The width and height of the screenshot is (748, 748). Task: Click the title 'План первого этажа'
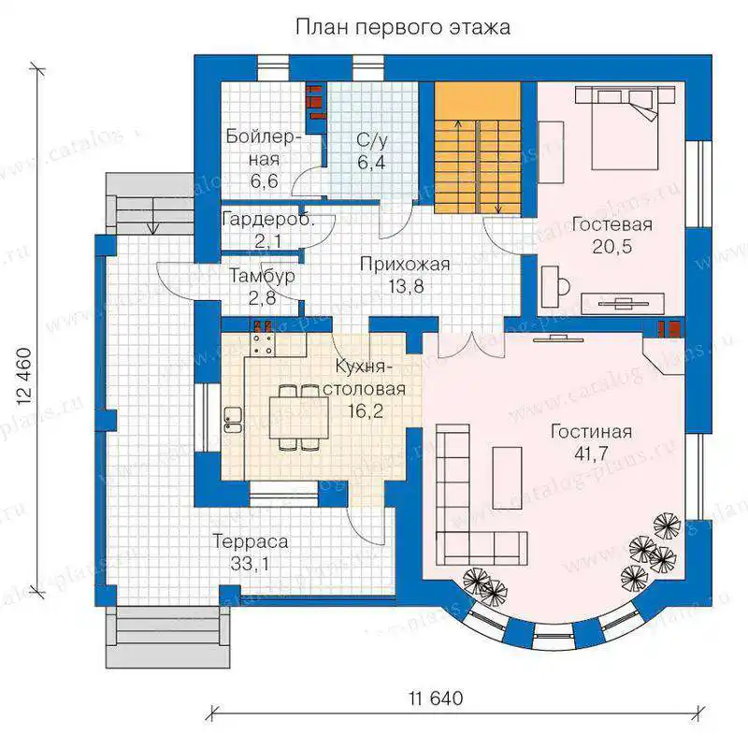point(403,27)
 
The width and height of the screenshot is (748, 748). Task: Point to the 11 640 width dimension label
point(436,698)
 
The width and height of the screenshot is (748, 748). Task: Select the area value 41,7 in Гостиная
point(591,453)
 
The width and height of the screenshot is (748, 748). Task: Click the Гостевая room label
point(612,224)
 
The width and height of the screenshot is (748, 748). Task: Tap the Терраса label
point(250,541)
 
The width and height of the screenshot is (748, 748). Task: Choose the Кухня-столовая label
point(364,378)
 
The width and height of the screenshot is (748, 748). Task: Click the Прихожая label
point(405,265)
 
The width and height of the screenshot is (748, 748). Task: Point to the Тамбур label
point(262,276)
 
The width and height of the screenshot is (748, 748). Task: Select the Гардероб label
point(268,220)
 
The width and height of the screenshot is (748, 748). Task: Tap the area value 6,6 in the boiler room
point(264,181)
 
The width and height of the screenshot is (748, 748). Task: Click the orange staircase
point(477,149)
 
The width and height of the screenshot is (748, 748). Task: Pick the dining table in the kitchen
point(298,418)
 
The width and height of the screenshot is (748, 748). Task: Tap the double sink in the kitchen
point(232,420)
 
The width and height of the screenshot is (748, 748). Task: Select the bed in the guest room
point(625,128)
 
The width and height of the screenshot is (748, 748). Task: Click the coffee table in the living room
point(507,478)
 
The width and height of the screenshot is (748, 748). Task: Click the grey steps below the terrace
point(167,638)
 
